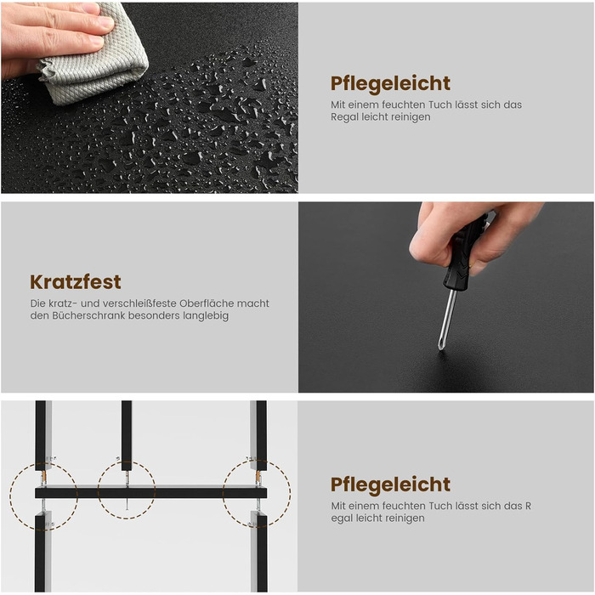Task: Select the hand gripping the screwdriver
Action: pyautogui.click(x=474, y=235)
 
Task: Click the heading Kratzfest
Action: pyautogui.click(x=76, y=282)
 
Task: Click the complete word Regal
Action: pyautogui.click(x=344, y=117)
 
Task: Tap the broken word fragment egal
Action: pyautogui.click(x=342, y=518)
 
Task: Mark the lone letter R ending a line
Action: pyautogui.click(x=528, y=507)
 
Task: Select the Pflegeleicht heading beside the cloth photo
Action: pyautogui.click(x=390, y=83)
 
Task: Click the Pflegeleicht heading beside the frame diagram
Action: pyautogui.click(x=390, y=484)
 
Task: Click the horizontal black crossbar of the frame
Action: pyautogui.click(x=151, y=493)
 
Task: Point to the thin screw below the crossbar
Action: pyautogui.click(x=127, y=504)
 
